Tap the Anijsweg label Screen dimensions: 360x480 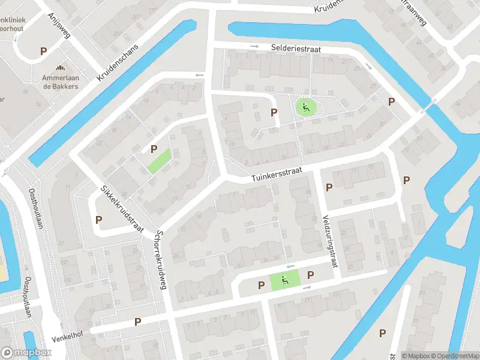[58, 26]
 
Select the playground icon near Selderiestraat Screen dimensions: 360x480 [305, 108]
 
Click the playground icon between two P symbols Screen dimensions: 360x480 [285, 279]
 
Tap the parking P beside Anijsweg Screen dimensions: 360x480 [43, 52]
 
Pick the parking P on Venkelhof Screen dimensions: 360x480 [137, 322]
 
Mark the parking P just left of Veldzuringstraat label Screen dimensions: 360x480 [329, 188]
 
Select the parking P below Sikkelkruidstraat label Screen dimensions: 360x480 [98, 220]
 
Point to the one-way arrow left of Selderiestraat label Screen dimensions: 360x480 [254, 46]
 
